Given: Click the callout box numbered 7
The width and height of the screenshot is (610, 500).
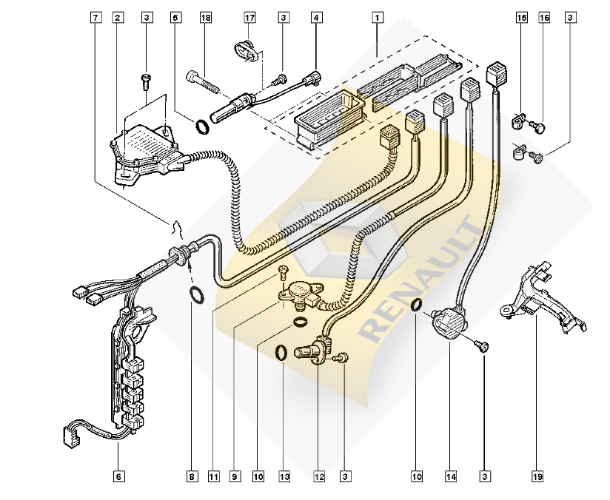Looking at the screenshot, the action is coord(95,18).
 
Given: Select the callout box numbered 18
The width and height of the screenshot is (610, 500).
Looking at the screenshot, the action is coord(206,18).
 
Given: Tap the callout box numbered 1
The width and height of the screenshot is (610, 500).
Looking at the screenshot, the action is coord(377,18).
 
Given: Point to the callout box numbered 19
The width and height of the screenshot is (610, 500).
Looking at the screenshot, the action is coord(537,476).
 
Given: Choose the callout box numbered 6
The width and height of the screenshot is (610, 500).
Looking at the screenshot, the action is coord(119,476).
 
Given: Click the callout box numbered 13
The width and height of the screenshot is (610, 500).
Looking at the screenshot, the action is coord(285,476).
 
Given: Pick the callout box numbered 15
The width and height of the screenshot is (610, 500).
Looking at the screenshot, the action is coord(522,18).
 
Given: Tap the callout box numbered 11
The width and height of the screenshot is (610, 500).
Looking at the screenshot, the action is coord(214,476).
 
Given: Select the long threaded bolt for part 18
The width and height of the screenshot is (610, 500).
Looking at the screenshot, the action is coord(203,83).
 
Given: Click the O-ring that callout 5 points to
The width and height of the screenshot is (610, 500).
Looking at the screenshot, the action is coord(202,127).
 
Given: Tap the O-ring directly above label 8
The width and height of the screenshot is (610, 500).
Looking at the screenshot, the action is coord(197,295).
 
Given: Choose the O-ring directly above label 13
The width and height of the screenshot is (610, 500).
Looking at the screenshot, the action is coord(281,353).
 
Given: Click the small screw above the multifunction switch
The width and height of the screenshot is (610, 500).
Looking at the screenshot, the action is coord(147,81).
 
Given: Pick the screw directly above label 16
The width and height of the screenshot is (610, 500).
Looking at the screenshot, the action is coord(537,126).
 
